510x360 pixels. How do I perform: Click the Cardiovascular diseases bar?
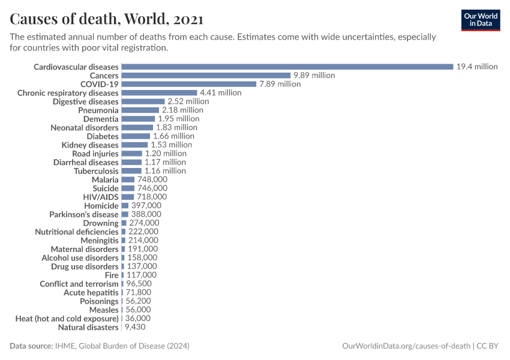pyautogui.click(x=287, y=67)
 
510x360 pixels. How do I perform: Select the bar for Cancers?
pyautogui.click(x=206, y=76)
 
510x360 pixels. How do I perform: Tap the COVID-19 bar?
pyautogui.click(x=189, y=84)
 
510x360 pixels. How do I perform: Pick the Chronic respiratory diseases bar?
pyautogui.click(x=159, y=93)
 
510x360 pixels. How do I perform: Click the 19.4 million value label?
pyautogui.click(x=477, y=67)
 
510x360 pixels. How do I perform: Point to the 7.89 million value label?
pyautogui.click(x=280, y=84)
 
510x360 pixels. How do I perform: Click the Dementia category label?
pyautogui.click(x=101, y=119)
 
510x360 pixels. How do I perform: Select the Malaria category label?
pyautogui.click(x=105, y=179)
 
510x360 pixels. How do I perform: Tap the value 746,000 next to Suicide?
pyautogui.click(x=152, y=188)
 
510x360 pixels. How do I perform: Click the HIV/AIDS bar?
pyautogui.click(x=127, y=197)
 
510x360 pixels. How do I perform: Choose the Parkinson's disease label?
pyautogui.click(x=83, y=214)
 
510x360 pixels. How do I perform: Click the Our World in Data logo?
pyautogui.click(x=480, y=20)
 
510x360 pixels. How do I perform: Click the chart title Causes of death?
pyautogui.click(x=106, y=19)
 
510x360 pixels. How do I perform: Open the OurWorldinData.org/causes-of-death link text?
pyautogui.click(x=406, y=346)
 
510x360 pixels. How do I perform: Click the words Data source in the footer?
pyautogui.click(x=31, y=346)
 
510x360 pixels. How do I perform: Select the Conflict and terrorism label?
pyautogui.click(x=79, y=284)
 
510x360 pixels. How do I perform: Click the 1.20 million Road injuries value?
pyautogui.click(x=166, y=154)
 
